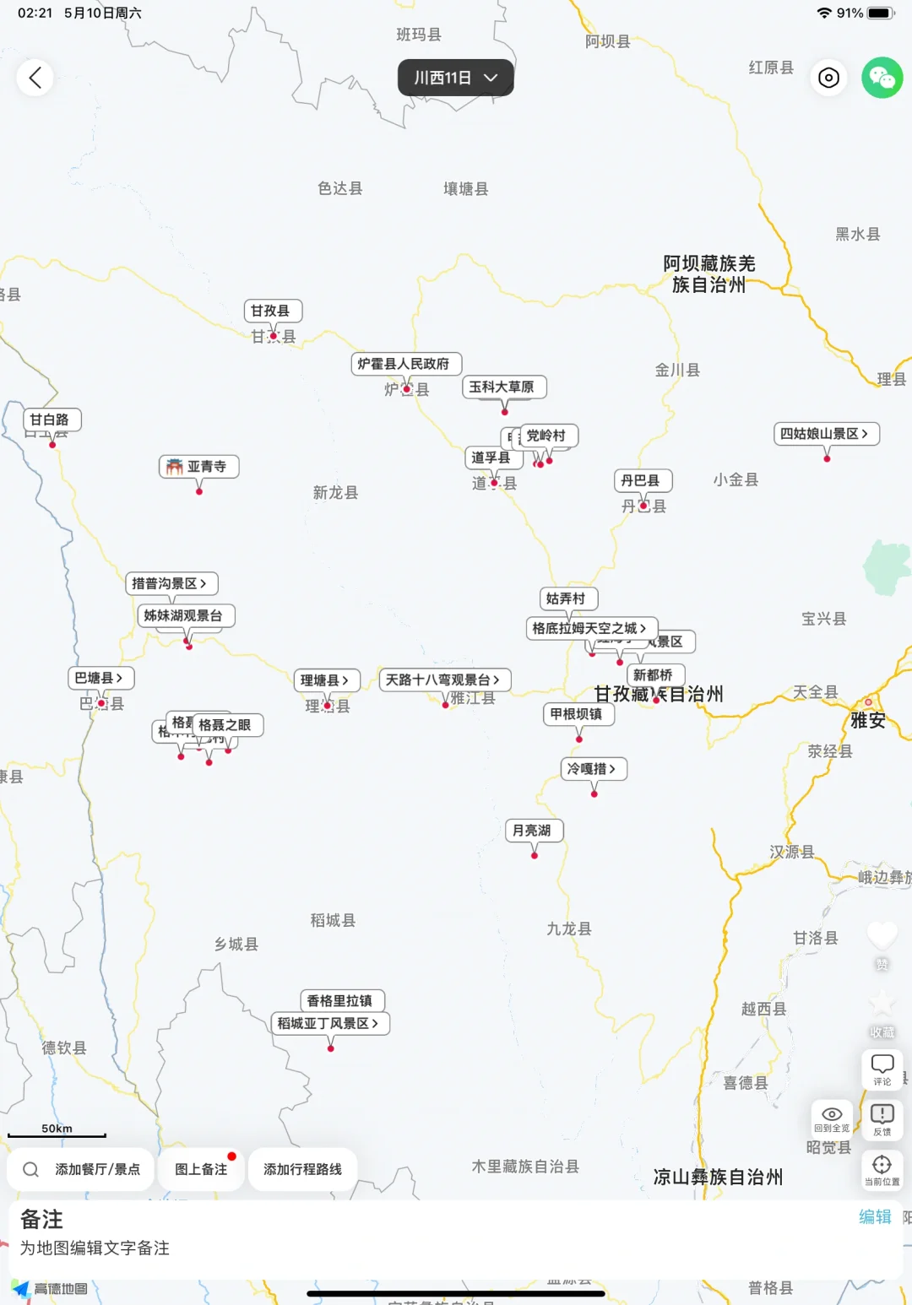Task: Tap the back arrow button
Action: pos(35,79)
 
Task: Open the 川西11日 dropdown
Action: pos(455,78)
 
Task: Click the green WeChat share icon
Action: pos(882,79)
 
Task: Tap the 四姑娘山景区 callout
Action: pos(826,434)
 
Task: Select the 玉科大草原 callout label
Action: pos(504,387)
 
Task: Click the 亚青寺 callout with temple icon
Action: pos(199,467)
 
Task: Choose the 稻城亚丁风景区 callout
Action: pos(329,1023)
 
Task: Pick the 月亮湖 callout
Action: pos(533,831)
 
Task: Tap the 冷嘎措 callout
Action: pos(594,769)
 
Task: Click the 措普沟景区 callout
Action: pos(171,583)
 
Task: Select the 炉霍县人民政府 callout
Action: pos(405,364)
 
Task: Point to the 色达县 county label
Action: pos(339,188)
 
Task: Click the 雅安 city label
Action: pos(868,720)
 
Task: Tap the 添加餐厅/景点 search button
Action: pos(82,1169)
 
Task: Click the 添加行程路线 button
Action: pos(302,1169)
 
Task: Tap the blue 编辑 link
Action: pos(875,1216)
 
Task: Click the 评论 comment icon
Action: pos(882,1069)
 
